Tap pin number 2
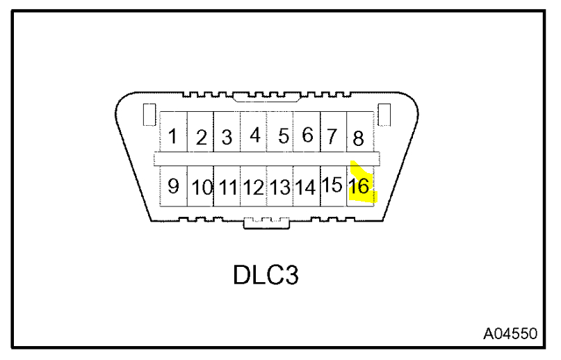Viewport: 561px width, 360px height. click(202, 138)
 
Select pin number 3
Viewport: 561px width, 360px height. click(227, 137)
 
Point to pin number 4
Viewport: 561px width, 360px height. click(254, 135)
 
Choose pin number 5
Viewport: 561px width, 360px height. click(283, 136)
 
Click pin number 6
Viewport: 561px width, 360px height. click(307, 135)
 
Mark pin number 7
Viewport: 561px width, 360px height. click(332, 136)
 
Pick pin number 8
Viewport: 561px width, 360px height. click(358, 138)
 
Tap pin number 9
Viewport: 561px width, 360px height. click(174, 186)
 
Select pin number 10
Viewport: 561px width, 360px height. click(202, 187)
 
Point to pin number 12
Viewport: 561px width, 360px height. click(254, 187)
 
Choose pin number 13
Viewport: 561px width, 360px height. click(280, 187)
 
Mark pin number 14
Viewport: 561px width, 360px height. click(306, 187)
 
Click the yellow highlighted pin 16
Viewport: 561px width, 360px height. click(360, 186)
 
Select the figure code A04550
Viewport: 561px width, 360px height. click(510, 334)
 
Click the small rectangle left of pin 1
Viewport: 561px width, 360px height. click(147, 115)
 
